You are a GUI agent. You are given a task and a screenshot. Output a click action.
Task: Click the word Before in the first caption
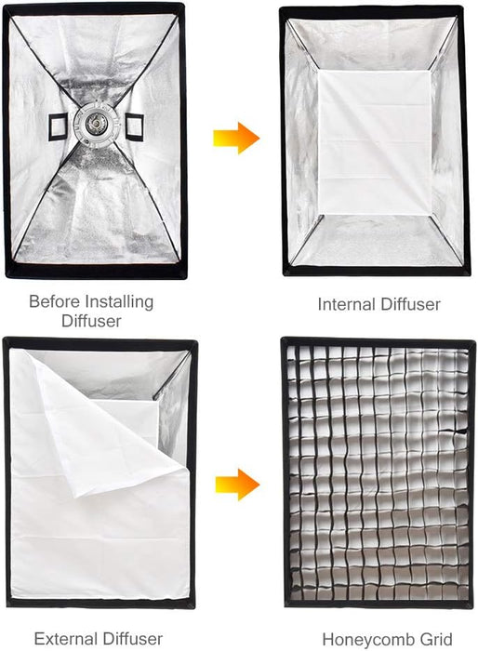[53, 301]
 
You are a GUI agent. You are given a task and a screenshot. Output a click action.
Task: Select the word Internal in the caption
[346, 304]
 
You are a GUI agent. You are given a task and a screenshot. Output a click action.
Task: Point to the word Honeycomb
[360, 639]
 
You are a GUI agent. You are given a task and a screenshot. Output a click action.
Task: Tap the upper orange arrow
[235, 139]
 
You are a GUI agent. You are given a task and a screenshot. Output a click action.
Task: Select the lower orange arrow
[236, 484]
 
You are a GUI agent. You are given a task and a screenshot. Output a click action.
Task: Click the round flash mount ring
[96, 122]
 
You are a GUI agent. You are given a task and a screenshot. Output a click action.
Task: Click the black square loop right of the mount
[133, 123]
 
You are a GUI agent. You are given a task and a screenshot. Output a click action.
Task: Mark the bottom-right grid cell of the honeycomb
[460, 592]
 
